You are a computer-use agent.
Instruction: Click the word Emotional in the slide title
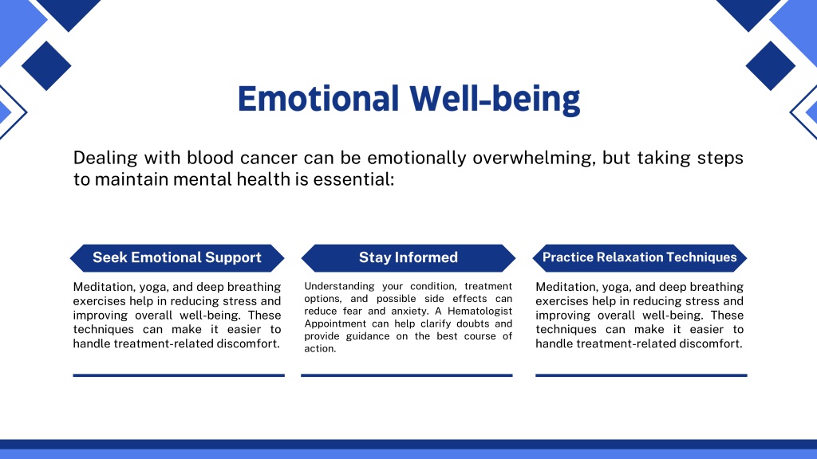318,98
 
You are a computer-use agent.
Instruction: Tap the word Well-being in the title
495,99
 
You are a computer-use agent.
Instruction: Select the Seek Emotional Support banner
177,257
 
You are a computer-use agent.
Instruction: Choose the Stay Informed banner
408,257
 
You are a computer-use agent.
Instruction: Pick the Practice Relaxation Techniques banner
639,257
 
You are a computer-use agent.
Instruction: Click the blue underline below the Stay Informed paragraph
407,375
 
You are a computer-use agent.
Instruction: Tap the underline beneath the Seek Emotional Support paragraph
179,375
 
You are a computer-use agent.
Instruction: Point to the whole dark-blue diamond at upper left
46,65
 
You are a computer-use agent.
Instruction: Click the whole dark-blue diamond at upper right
771,65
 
